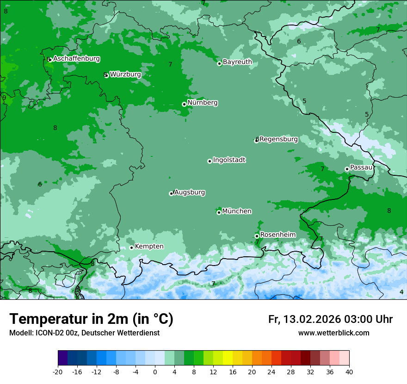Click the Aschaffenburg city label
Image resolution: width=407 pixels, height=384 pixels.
click(76, 59)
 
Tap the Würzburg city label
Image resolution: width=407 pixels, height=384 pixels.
click(125, 74)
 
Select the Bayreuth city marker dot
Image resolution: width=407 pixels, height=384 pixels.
click(219, 63)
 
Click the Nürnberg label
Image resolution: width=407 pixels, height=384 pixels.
click(202, 103)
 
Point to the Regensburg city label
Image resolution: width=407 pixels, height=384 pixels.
click(278, 139)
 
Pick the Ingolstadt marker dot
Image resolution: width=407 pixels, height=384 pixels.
click(210, 161)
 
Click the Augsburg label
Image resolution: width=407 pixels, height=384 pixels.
click(190, 192)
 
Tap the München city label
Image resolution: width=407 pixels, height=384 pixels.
click(237, 211)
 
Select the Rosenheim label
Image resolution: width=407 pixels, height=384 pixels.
click(277, 235)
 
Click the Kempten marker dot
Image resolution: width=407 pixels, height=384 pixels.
click(131, 248)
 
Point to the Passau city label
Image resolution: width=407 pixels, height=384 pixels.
click(361, 167)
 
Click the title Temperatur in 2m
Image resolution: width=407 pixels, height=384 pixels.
click(91, 319)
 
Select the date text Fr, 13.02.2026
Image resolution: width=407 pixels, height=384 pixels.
click(304, 319)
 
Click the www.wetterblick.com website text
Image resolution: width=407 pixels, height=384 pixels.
click(333, 333)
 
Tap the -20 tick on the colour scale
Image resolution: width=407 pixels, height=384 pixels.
click(58, 372)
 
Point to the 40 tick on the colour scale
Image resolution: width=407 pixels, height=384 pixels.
click(349, 372)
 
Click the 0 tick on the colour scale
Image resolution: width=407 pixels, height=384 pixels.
click(155, 372)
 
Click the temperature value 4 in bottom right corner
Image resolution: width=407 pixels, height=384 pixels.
click(401, 292)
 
